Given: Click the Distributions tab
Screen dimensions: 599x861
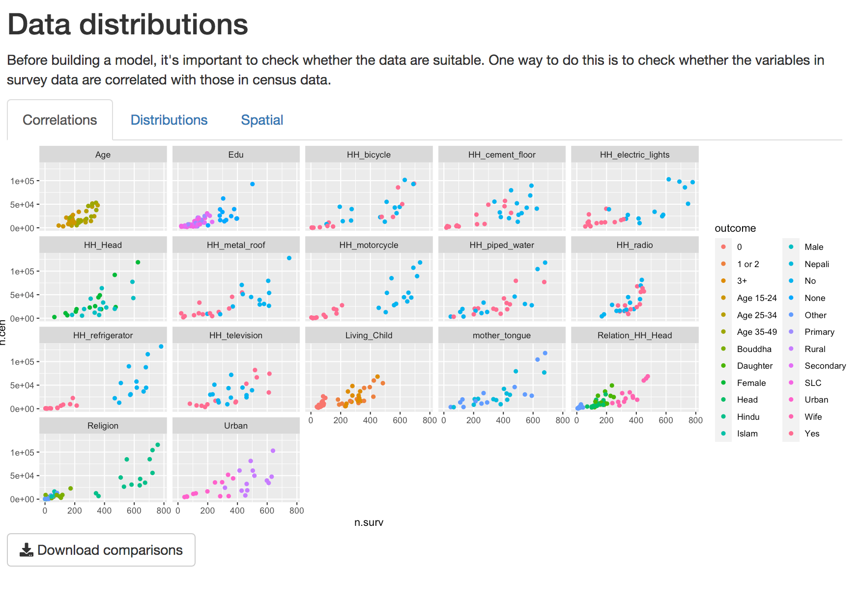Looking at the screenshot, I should tap(169, 120).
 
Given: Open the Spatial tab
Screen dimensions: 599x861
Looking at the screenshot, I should tap(262, 120).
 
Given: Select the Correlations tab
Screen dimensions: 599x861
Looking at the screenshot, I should tap(60, 120).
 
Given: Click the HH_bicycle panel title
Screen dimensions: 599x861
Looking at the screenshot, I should tap(369, 155).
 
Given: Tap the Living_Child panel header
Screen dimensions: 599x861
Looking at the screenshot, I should tap(369, 335).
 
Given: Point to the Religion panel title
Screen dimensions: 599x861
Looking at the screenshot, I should tap(103, 426).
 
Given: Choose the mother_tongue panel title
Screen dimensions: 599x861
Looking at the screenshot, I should tap(501, 335).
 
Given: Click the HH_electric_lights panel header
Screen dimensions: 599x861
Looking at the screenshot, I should tap(634, 155).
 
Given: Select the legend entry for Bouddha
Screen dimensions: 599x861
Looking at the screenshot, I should tap(754, 349).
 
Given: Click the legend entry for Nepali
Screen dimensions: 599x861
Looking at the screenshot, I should tap(816, 264).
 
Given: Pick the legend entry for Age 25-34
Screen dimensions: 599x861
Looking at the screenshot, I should tap(756, 315).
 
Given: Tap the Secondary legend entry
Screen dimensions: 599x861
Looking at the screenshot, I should tap(825, 366).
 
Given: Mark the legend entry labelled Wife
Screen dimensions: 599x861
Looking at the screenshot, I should tap(813, 417).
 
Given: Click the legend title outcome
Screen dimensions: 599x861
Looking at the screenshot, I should tap(735, 228).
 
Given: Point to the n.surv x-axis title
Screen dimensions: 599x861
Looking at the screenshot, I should tap(369, 522).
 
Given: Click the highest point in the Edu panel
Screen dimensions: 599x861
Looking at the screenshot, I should tap(252, 184).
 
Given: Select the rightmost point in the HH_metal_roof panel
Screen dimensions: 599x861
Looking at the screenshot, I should tap(289, 258).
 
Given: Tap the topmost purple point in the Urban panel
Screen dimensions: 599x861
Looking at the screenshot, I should tap(273, 451).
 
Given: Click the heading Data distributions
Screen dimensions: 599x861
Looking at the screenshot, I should tap(128, 25).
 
